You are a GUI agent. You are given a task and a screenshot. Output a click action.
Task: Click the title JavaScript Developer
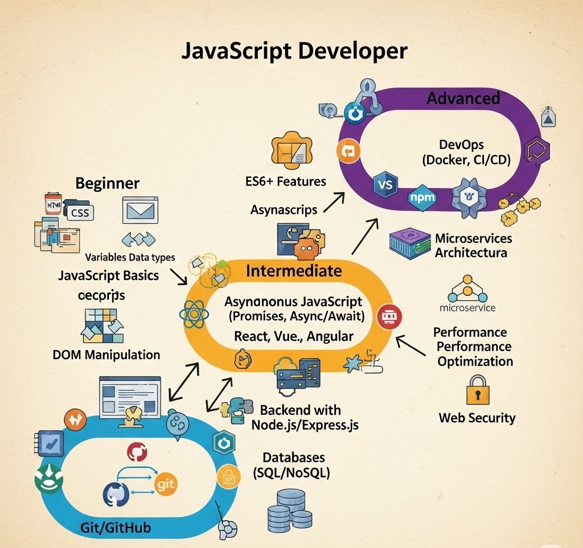294,51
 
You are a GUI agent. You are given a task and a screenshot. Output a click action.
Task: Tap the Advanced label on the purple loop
463,98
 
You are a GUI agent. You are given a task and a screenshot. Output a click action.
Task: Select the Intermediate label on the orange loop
294,270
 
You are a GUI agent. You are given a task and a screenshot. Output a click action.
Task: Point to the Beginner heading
107,183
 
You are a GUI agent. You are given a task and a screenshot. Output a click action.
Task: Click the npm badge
422,197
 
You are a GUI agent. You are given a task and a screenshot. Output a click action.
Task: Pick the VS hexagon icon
384,186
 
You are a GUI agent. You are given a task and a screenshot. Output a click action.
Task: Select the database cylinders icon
289,510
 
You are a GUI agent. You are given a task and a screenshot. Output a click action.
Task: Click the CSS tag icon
80,213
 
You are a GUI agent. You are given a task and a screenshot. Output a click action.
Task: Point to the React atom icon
191,314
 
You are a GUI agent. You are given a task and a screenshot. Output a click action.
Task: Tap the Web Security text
477,418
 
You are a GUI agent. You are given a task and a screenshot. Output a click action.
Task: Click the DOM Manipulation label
106,355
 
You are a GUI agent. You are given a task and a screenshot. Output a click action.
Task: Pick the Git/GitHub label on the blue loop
116,528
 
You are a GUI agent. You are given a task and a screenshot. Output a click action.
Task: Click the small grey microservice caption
468,308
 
